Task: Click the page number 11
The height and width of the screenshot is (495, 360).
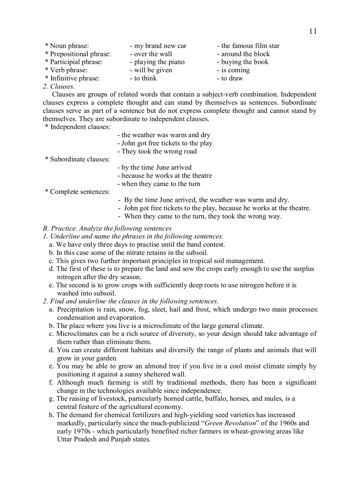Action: click(x=312, y=31)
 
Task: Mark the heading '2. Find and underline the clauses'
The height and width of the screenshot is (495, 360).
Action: click(x=131, y=301)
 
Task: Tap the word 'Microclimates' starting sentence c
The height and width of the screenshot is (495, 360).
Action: click(x=78, y=334)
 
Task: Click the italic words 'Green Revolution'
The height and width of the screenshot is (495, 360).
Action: click(x=231, y=423)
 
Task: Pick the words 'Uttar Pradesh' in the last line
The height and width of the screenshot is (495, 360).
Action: click(x=77, y=439)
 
